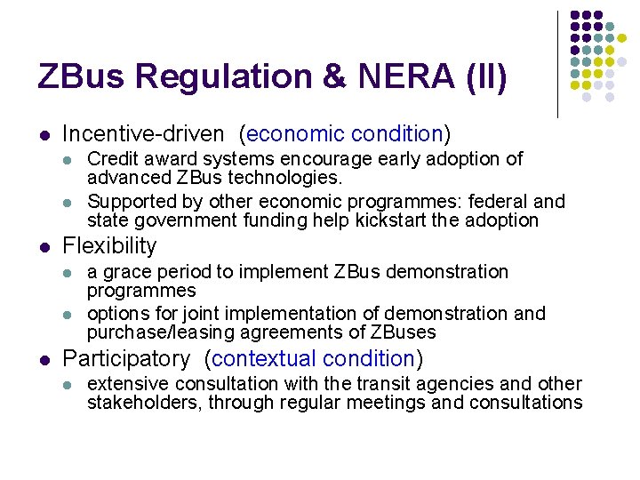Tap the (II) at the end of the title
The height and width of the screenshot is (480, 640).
tap(484, 76)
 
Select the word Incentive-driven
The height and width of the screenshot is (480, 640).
tap(143, 134)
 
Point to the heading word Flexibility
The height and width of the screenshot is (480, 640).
tap(109, 245)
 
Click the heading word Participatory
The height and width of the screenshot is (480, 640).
tap(125, 359)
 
